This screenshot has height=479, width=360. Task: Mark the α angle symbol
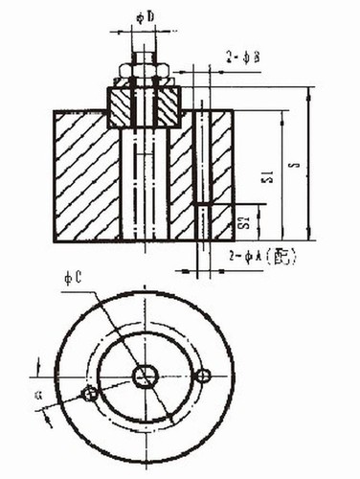(37, 393)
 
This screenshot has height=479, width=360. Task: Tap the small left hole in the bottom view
(89, 394)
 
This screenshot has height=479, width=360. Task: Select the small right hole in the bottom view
(202, 376)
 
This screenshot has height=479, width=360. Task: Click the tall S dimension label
(296, 164)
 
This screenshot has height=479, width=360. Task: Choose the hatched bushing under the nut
(144, 107)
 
